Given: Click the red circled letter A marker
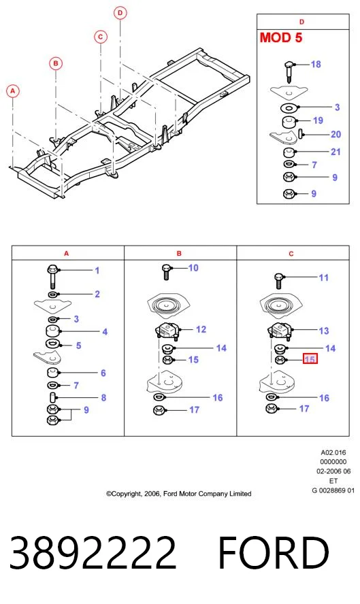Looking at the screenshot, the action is click(13, 91).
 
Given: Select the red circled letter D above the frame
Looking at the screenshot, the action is click(120, 13).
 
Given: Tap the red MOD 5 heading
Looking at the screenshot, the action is click(281, 38).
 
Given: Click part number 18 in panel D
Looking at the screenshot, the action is click(316, 65).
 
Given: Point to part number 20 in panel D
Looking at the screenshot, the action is click(336, 135).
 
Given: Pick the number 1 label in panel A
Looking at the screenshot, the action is click(97, 271).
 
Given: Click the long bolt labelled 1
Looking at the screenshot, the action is click(52, 276).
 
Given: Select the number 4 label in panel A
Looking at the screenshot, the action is click(105, 332).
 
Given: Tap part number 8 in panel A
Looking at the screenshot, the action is click(103, 397).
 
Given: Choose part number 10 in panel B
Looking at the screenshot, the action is click(193, 268).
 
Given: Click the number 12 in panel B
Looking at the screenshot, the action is click(201, 329).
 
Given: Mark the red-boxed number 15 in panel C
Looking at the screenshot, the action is click(310, 359).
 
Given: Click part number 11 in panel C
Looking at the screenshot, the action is click(324, 278).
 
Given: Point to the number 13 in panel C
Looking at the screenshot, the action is click(324, 331).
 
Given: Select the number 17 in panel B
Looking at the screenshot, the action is click(194, 410).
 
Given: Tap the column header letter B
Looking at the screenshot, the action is click(179, 254).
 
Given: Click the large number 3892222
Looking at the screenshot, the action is click(93, 553).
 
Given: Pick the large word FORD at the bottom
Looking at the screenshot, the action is click(274, 553).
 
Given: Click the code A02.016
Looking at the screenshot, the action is click(333, 452).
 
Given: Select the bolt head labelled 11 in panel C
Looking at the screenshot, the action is click(279, 278).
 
